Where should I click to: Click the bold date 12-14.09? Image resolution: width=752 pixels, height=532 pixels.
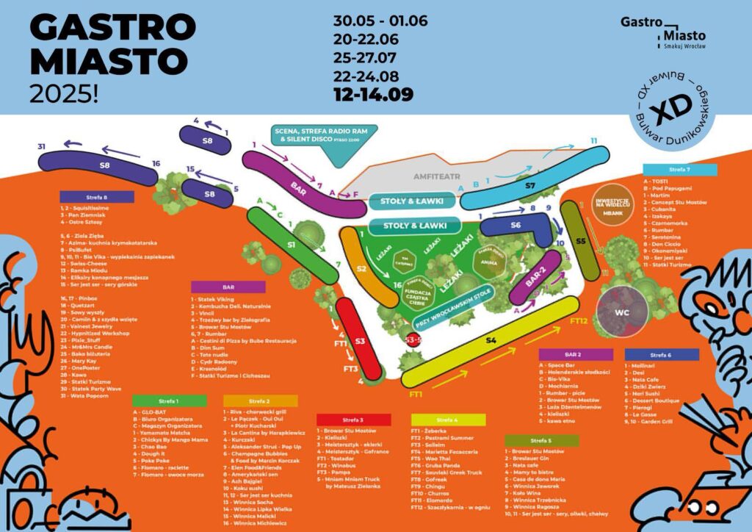[x=372, y=94]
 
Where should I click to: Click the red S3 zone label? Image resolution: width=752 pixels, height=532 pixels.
[x=360, y=341]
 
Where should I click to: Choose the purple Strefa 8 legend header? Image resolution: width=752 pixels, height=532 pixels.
[x=97, y=197]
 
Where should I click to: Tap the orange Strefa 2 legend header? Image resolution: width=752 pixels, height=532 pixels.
[x=261, y=401]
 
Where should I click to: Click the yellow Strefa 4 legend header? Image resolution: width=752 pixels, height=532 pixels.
[x=448, y=420]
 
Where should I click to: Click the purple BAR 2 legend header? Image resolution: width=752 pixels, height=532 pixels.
[x=575, y=354]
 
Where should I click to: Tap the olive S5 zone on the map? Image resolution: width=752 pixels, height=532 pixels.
[x=580, y=240]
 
